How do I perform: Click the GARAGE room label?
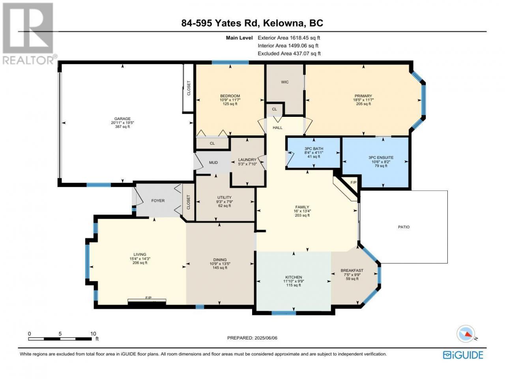point(122,119)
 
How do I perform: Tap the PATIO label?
point(404,227)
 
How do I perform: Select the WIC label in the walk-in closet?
point(284,82)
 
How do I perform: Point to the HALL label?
point(277,128)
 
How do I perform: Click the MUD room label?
point(213,163)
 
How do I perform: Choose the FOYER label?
point(158,201)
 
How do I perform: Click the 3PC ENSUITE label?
point(381,158)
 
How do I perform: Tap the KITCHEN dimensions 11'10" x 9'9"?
point(294,281)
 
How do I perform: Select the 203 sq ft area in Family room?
point(302,216)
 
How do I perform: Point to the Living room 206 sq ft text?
point(140,263)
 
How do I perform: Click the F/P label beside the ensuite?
point(353,182)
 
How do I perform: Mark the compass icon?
point(466,334)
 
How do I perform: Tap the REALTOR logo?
point(28,34)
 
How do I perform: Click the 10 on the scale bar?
point(93,334)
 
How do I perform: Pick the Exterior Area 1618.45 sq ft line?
point(289,38)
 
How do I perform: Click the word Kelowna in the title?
point(284,23)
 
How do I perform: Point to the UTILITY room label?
point(224,197)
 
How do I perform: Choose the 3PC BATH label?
point(314,149)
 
